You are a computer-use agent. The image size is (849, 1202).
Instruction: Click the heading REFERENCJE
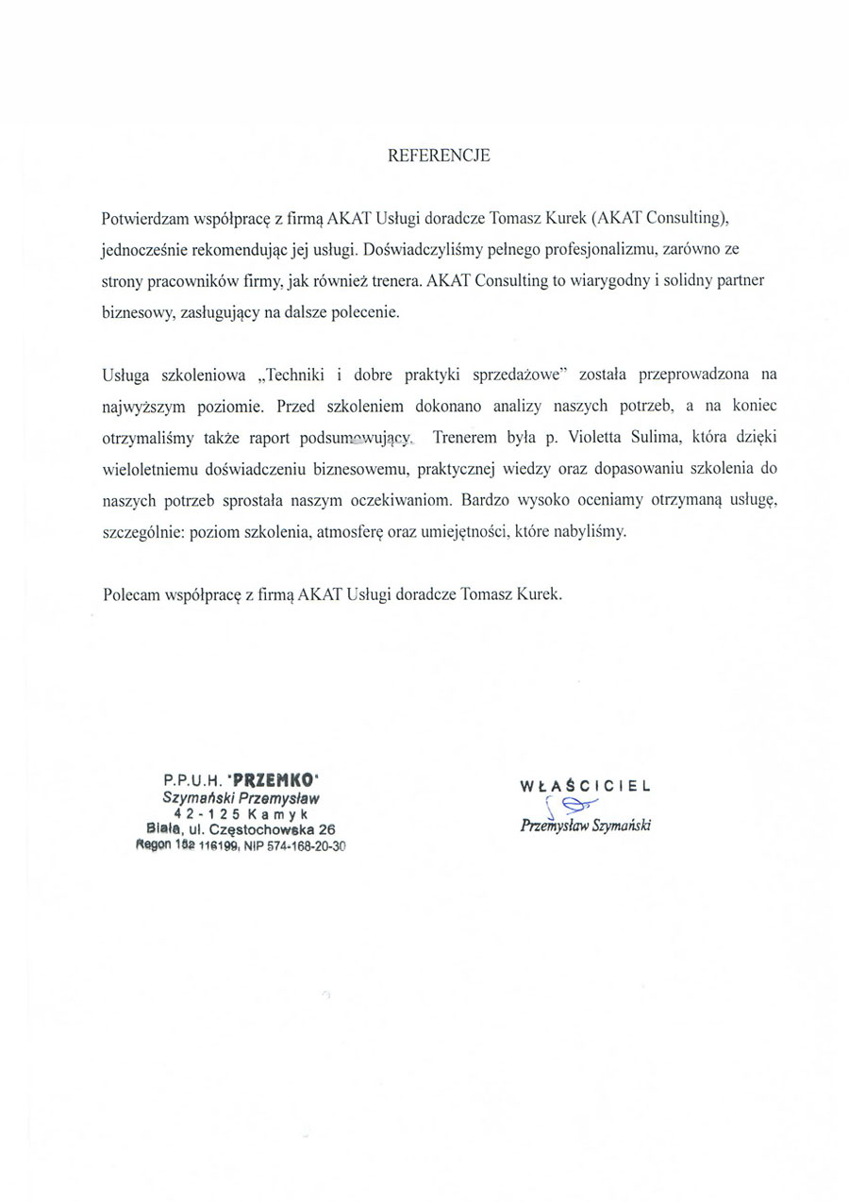440,157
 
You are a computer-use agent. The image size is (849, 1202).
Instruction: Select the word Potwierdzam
144,218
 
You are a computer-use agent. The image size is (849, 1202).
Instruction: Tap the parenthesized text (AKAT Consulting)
660,218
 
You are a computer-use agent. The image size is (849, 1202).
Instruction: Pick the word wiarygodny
608,281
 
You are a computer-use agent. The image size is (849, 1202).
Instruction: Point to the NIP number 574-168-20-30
295,846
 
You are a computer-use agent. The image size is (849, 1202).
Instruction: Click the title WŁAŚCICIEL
585,785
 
